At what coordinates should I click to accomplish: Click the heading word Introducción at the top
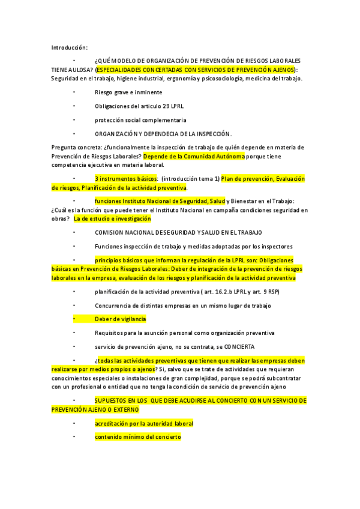pos(69,47)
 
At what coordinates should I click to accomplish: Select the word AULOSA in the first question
pos(80,70)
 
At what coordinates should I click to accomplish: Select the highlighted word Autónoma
pos(229,156)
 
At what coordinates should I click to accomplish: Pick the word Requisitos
pos(110,333)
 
